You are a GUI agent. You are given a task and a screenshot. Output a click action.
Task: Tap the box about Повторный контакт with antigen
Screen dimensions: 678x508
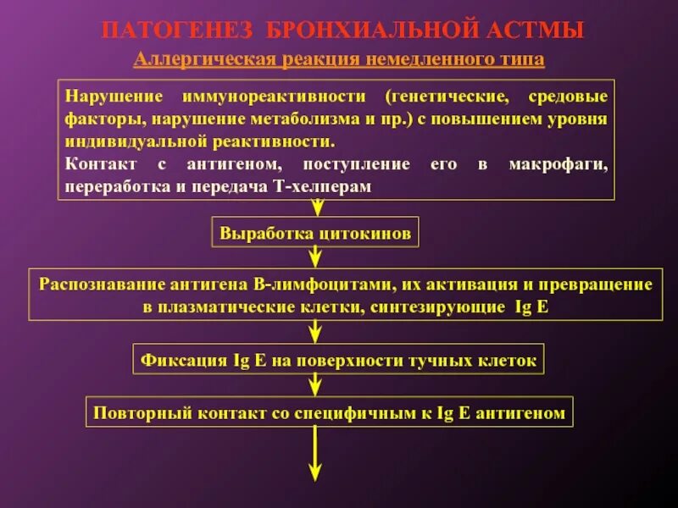pyautogui.click(x=329, y=413)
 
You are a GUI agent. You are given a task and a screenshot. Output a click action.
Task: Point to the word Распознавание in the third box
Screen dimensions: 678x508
pyautogui.click(x=91, y=284)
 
